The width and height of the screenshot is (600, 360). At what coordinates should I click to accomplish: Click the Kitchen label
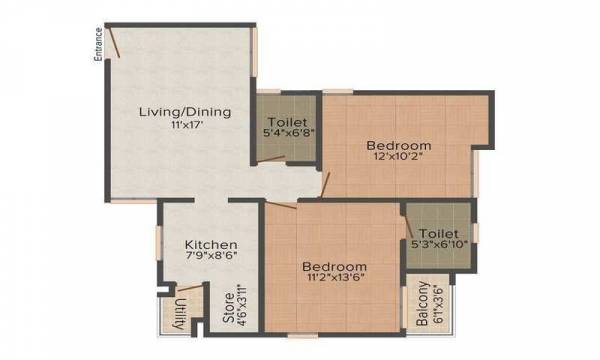[x=210, y=244]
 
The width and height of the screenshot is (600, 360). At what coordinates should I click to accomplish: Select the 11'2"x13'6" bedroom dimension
[x=335, y=281]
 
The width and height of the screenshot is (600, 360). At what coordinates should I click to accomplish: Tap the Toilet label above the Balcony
[x=439, y=229]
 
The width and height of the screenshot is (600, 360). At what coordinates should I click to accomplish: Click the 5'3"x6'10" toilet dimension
[x=439, y=242]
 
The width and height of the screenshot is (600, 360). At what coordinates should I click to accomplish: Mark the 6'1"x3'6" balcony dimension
[x=438, y=304]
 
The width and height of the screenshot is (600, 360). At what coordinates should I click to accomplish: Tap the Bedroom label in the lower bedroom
[x=335, y=267]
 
